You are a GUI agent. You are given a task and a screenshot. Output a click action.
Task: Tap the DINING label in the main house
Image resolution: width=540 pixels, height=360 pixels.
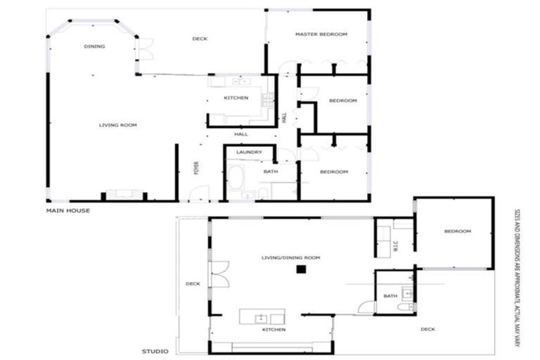[x=94, y=46]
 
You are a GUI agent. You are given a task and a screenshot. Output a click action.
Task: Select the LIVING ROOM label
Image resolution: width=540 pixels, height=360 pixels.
[x=117, y=125]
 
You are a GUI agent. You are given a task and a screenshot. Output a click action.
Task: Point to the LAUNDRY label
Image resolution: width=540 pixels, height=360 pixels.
[x=249, y=152]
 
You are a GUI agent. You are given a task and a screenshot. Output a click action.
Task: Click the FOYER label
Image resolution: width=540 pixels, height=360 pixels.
[x=198, y=169]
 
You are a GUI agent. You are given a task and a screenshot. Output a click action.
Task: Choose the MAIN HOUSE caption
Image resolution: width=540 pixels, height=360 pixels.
[x=67, y=210]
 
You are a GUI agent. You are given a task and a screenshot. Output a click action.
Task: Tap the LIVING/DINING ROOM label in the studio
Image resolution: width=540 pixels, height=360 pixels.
[x=290, y=258]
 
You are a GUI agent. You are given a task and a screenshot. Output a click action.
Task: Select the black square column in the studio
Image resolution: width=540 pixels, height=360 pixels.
[x=300, y=269]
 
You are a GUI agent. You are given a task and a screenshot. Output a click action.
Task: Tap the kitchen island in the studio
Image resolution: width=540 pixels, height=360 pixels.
[x=262, y=316]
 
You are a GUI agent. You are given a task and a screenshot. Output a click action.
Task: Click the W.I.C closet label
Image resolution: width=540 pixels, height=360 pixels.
[x=395, y=245]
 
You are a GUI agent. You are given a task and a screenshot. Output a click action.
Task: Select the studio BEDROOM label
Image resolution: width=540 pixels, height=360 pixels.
[x=457, y=231]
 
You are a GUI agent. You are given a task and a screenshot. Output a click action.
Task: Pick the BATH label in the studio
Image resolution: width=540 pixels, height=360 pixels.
[x=390, y=296]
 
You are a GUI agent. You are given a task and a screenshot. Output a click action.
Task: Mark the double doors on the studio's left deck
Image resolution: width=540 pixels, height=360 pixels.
[x=219, y=274]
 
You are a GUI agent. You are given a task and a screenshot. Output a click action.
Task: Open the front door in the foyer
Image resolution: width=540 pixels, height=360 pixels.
[x=200, y=193]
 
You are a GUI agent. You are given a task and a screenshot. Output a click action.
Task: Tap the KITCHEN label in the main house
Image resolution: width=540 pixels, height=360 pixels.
[x=236, y=98]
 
